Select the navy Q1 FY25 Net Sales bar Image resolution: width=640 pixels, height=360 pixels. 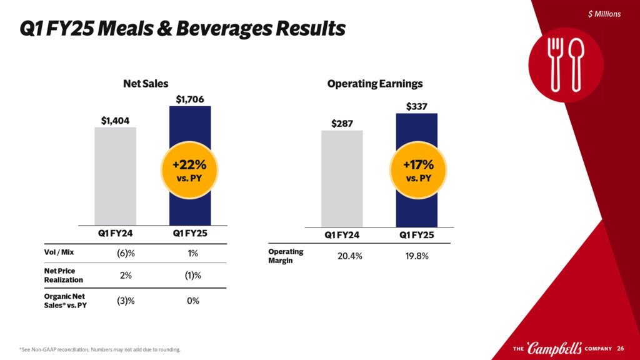tap(190, 137)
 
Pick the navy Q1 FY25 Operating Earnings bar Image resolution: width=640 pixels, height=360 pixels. tap(416, 137)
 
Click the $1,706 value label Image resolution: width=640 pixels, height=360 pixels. tap(190, 99)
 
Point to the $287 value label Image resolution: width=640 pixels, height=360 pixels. tap(342, 123)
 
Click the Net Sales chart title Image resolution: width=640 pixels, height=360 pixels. tap(146, 83)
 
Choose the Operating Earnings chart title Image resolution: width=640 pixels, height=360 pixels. tap(375, 83)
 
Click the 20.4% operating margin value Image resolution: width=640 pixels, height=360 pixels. tap(341, 256)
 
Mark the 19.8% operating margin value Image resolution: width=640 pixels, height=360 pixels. tap(416, 256)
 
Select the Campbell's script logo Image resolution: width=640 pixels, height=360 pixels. tap(554, 347)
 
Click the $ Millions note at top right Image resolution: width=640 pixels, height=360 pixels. tap(604, 14)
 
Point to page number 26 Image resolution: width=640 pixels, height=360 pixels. tap(621, 348)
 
